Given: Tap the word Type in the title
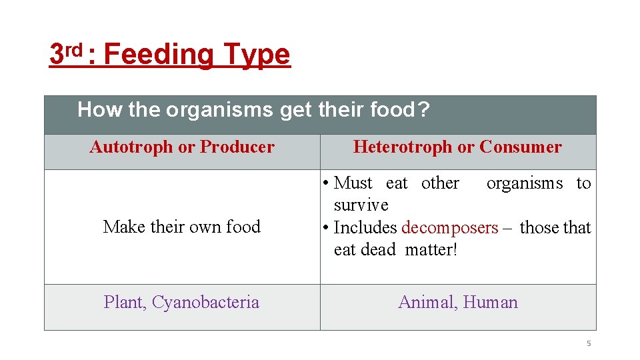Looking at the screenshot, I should [x=257, y=55].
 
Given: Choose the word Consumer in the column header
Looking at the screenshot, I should [x=521, y=147].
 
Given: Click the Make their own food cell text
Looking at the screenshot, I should [x=181, y=227].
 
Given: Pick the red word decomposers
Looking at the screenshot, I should [x=449, y=227].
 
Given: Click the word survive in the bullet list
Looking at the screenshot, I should [x=361, y=205].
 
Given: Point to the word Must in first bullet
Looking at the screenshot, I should [x=353, y=183].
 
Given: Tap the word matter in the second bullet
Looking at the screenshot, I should [x=431, y=250].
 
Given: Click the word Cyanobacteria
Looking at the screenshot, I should [x=205, y=302].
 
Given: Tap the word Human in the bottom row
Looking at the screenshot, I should [x=490, y=302].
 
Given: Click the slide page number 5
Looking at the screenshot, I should [x=589, y=343].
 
